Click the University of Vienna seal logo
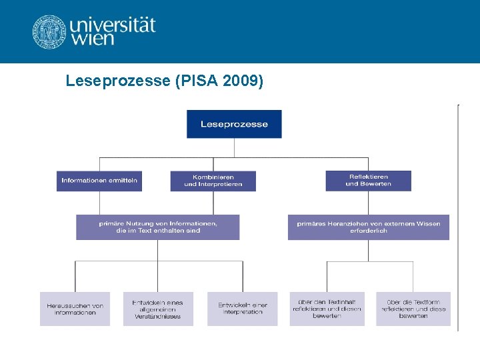click(49, 31)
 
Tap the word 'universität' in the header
click(113, 25)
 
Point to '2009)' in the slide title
click(244, 81)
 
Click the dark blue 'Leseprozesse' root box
click(234, 124)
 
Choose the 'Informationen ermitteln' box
click(99, 181)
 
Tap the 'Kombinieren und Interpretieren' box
click(213, 181)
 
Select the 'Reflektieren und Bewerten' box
click(368, 181)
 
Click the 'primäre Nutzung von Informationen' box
click(157, 227)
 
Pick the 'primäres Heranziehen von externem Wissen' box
click(368, 227)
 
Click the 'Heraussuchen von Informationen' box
click(75, 309)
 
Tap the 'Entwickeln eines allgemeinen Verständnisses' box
click(158, 309)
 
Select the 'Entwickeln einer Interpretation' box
click(242, 309)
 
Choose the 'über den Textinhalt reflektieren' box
click(327, 309)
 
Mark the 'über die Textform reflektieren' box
click(413, 309)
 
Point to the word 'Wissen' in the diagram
click(429, 224)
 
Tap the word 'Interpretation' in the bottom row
click(243, 312)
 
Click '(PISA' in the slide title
click(193, 81)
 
